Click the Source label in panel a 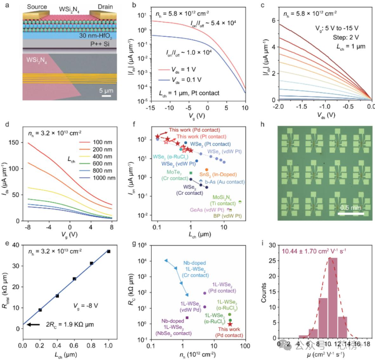point(35,7)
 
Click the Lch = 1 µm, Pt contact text point(188,93)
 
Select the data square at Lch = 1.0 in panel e point(109,251)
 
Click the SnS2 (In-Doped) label point(217,175)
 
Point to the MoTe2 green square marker point(191,173)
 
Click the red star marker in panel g point(230,324)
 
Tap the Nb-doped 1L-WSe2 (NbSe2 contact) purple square point(187,317)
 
